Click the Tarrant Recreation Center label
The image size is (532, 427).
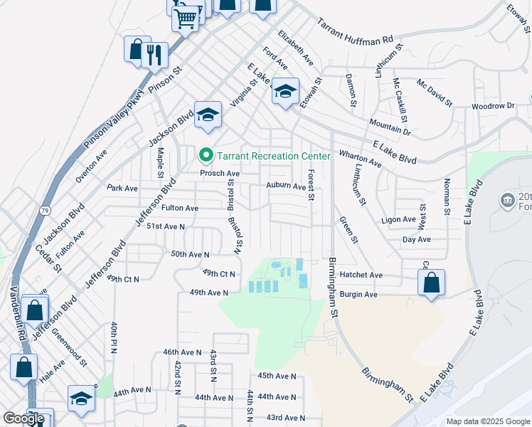pyautogui.click(x=274, y=156)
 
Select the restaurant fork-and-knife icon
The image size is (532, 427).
pyautogui.click(x=154, y=54)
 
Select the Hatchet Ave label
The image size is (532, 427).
pyautogui.click(x=361, y=275)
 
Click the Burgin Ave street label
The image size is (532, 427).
pyautogui.click(x=358, y=294)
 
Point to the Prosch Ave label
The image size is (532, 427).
pyautogui.click(x=220, y=173)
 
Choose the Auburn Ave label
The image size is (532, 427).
pyautogui.click(x=286, y=186)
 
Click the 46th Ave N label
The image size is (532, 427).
pyautogui.click(x=183, y=352)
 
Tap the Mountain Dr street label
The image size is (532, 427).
pyautogui.click(x=390, y=127)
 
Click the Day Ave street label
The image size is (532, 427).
pyautogui.click(x=417, y=239)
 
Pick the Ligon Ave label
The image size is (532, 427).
pyautogui.click(x=398, y=220)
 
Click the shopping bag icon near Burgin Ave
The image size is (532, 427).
pyautogui.click(x=431, y=283)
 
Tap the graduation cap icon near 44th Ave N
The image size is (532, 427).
pyautogui.click(x=81, y=399)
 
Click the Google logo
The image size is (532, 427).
pyautogui.click(x=23, y=418)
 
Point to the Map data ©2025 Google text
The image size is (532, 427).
pyautogui.click(x=488, y=421)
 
